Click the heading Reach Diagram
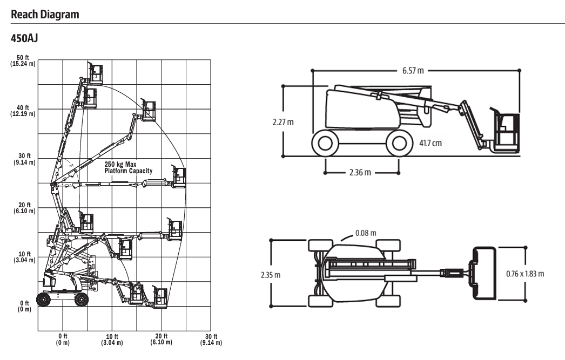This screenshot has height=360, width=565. pos(45,15)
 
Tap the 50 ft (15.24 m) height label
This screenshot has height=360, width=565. pos(23,61)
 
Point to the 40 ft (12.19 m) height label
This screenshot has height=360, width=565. pos(23,111)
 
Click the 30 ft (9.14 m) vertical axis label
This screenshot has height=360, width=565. pos(23,159)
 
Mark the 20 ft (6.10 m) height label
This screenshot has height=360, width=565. pos(23,208)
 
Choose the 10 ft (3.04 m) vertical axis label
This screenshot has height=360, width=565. pos(23,257)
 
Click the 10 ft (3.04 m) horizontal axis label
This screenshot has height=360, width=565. pos(112,339)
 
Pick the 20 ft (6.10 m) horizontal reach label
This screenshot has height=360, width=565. pos(161,339)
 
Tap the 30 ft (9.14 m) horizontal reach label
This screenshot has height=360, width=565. pos(210,339)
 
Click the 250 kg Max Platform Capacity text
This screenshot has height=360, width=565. pos(129,167)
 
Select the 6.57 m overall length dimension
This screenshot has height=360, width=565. pos(413,71)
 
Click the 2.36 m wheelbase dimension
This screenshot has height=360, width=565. pos(359,173)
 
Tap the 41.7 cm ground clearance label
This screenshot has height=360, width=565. pos(430,143)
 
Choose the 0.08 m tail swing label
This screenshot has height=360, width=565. pos(366,233)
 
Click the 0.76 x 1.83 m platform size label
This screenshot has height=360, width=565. pos(525,274)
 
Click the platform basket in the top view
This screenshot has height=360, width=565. pos(484,274)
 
